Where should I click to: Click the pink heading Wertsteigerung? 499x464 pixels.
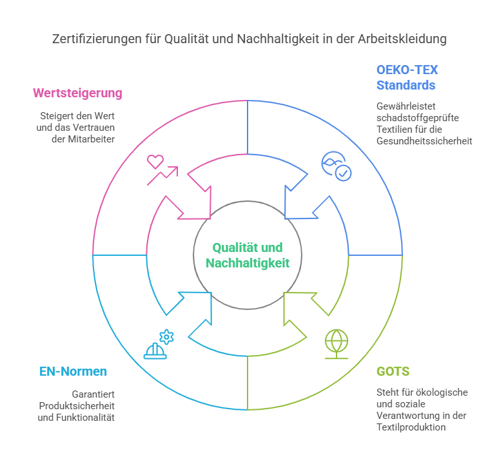tap(77, 93)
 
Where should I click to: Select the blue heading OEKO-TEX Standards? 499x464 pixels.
tap(407, 77)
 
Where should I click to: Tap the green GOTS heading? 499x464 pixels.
tap(393, 371)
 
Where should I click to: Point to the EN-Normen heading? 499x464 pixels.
tap(73, 371)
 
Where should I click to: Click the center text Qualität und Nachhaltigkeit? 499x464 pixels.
tap(248, 255)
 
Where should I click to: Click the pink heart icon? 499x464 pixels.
tap(155, 162)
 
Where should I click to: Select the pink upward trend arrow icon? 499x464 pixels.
tap(162, 175)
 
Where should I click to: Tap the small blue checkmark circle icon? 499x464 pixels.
tap(344, 173)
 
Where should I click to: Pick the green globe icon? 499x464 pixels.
tap(337, 344)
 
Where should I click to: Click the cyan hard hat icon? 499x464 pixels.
tap(155, 351)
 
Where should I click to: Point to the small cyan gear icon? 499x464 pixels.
tap(166, 337)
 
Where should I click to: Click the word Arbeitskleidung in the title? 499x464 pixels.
tap(402, 39)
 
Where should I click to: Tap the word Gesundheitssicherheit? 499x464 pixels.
tap(424, 141)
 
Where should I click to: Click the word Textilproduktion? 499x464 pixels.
tap(411, 427)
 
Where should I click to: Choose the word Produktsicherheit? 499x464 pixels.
tap(77, 406)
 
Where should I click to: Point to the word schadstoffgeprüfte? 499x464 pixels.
tap(418, 118)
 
